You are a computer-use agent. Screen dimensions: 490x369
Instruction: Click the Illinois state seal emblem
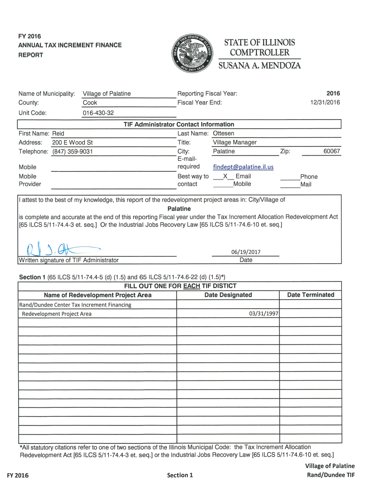(191, 53)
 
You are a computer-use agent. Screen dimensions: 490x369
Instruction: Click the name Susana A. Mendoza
(260, 66)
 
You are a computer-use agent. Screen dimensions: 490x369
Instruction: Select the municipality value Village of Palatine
(107, 94)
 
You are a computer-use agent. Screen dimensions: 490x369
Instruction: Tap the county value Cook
(90, 103)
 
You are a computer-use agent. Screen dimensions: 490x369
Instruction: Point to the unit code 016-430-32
(98, 113)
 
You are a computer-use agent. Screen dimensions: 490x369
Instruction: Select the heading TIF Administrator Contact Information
(179, 124)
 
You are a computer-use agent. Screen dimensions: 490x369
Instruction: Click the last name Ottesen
(223, 134)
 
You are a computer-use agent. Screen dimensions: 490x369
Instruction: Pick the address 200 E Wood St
(72, 143)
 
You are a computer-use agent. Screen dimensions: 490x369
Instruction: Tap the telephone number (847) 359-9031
(72, 152)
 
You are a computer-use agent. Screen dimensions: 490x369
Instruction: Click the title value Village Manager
(235, 143)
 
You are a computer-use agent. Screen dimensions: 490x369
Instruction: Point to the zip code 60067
(332, 152)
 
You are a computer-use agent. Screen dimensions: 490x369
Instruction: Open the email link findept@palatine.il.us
(243, 167)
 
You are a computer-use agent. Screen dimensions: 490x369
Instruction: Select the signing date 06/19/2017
(245, 252)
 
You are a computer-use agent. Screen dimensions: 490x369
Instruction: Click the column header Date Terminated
(311, 295)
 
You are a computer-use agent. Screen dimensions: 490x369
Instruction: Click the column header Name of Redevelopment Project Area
(98, 295)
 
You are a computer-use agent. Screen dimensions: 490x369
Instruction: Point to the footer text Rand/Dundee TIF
(330, 475)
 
